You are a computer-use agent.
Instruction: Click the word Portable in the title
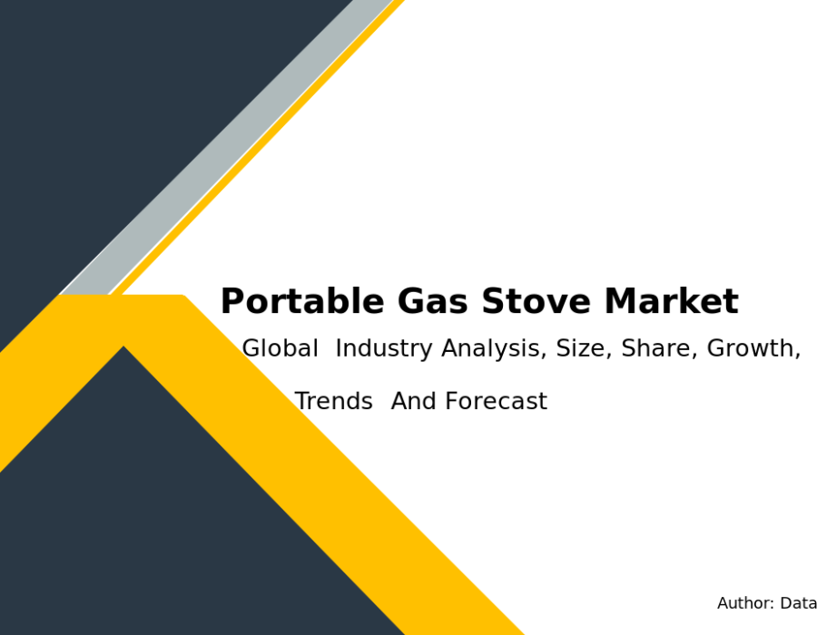[302, 301]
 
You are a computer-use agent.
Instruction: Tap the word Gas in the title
[432, 301]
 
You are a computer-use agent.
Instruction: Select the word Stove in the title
[536, 301]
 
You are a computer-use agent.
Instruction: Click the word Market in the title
[672, 301]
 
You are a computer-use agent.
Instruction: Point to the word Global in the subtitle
[281, 347]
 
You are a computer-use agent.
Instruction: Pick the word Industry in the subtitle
[384, 348]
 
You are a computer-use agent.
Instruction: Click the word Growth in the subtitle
[753, 348]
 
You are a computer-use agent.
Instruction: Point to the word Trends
[334, 401]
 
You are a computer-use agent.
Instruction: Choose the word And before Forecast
[414, 401]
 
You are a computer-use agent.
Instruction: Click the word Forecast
[497, 401]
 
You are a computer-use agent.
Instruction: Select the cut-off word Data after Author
[798, 603]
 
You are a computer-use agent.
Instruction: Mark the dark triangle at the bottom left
[172, 521]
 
